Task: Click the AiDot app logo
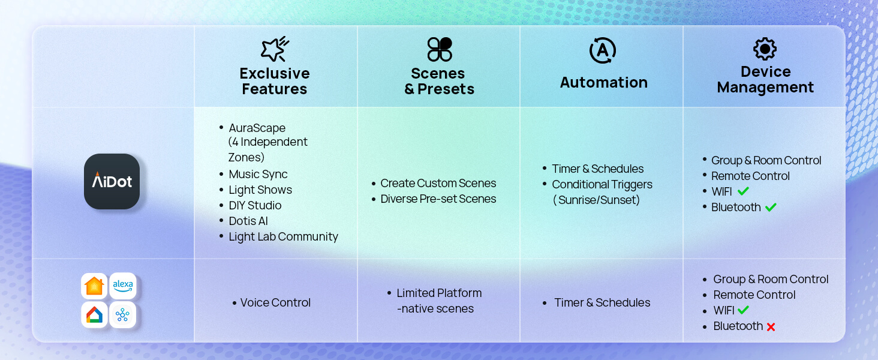coord(112,181)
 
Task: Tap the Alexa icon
coord(123,286)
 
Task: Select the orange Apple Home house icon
coord(94,286)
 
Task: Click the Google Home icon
coord(94,314)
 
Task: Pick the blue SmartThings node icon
coord(123,314)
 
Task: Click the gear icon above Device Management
coord(765,49)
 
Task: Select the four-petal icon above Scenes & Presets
coord(440,49)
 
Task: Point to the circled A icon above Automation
coord(603,50)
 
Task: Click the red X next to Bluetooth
coord(771,327)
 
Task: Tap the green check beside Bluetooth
coord(771,207)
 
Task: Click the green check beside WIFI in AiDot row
coord(743,191)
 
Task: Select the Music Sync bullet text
coord(258,174)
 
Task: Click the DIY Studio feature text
coord(255,205)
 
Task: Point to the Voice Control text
coord(275,303)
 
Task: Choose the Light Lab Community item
coord(283,236)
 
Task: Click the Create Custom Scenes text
coord(438,183)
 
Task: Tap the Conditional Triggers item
coord(602,184)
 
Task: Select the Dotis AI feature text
coord(248,221)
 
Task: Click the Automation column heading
coord(603,82)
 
